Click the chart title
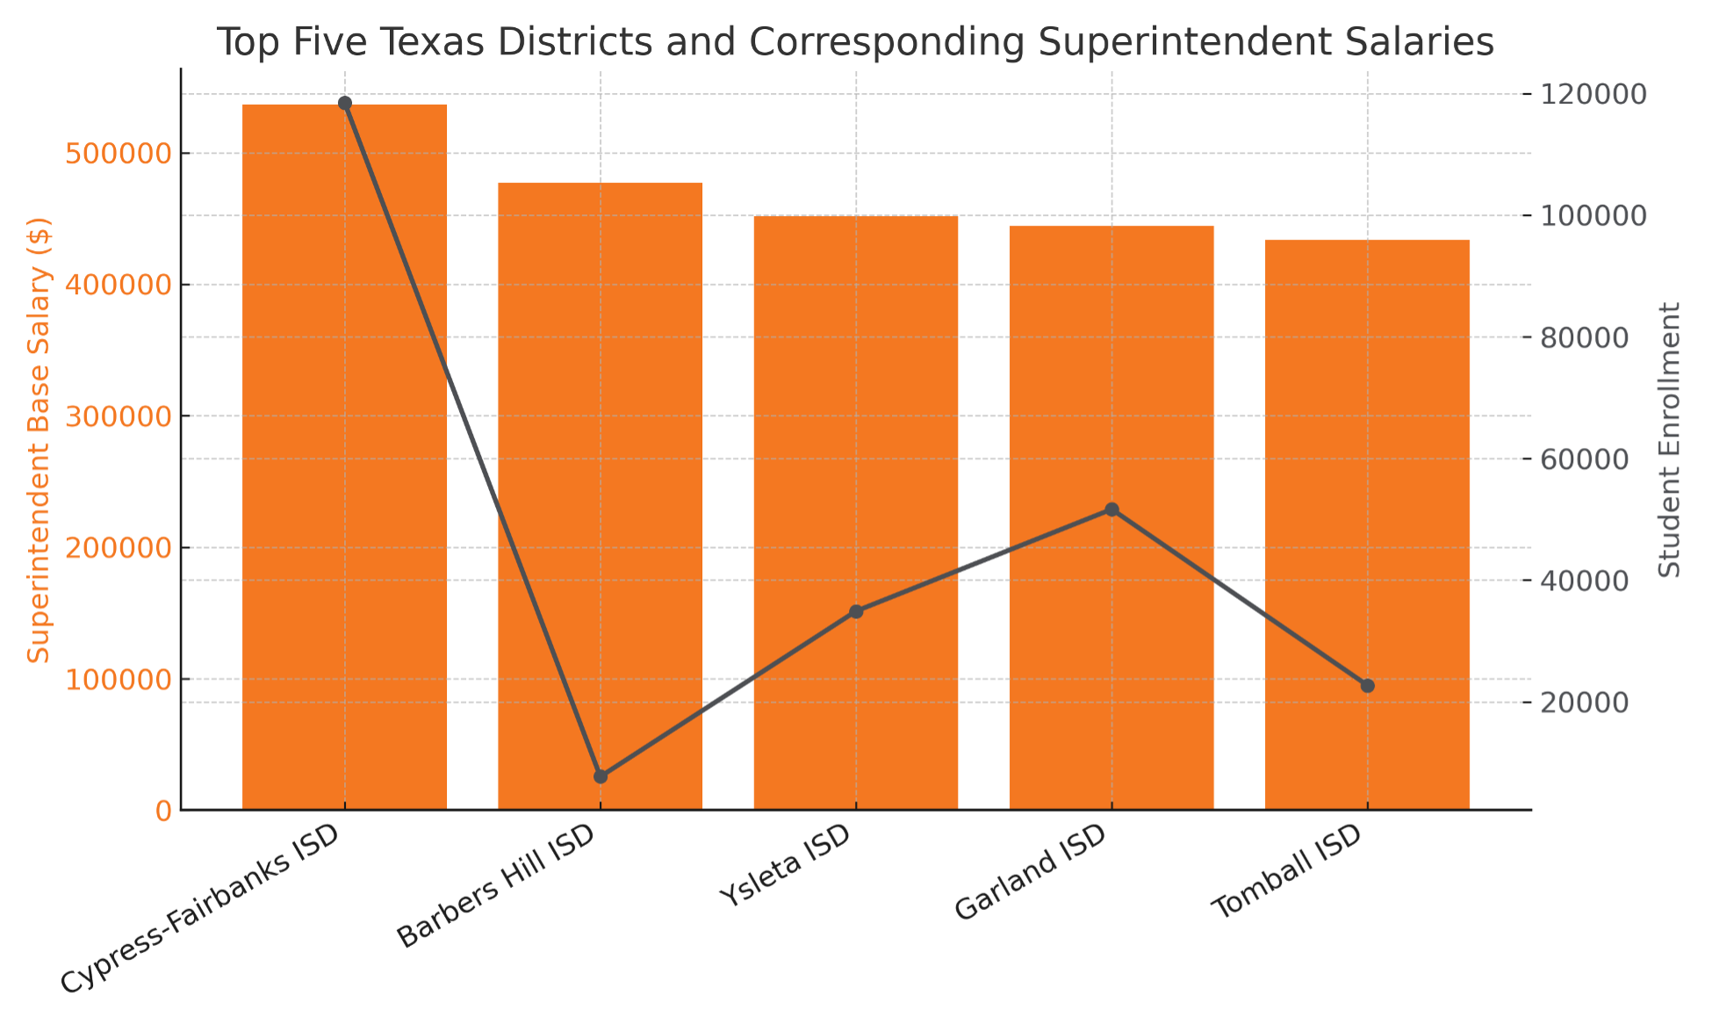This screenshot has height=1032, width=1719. tap(855, 42)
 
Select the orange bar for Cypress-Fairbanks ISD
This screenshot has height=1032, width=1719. tap(344, 457)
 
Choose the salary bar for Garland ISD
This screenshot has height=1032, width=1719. tap(1111, 517)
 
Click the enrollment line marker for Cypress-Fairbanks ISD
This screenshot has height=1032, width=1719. tap(345, 104)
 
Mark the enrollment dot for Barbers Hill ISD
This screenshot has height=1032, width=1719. tap(601, 776)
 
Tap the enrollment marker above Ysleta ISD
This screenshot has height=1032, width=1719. tap(856, 611)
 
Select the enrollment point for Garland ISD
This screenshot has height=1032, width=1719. tap(1111, 509)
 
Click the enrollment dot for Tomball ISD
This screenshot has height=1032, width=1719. tap(1367, 686)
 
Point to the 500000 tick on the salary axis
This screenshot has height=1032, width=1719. tap(118, 155)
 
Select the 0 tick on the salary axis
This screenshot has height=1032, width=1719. tap(163, 811)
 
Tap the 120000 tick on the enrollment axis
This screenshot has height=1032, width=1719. tap(1589, 94)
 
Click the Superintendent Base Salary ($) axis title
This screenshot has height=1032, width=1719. tap(40, 439)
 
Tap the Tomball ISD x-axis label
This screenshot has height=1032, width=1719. tap(1288, 871)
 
